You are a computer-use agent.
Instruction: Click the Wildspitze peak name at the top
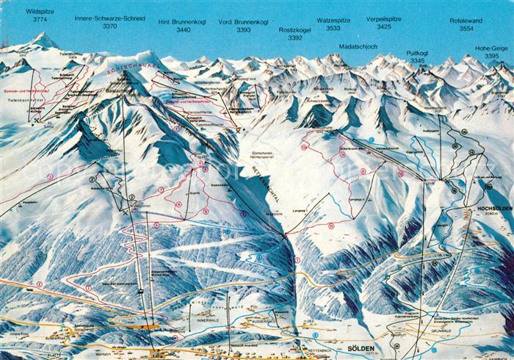coord(40,12)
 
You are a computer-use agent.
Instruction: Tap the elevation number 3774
coord(40,21)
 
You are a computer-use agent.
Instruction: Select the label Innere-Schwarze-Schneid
coord(109,18)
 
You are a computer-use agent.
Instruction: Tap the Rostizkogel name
coord(294,30)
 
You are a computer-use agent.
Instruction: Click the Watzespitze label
coord(333,21)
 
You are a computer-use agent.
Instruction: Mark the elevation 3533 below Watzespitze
coord(333,28)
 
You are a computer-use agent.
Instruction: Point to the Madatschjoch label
coord(358,46)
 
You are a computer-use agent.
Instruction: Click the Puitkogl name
coord(417,53)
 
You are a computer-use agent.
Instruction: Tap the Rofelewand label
coord(466,21)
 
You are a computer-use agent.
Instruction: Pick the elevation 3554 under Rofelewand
coord(466,29)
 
